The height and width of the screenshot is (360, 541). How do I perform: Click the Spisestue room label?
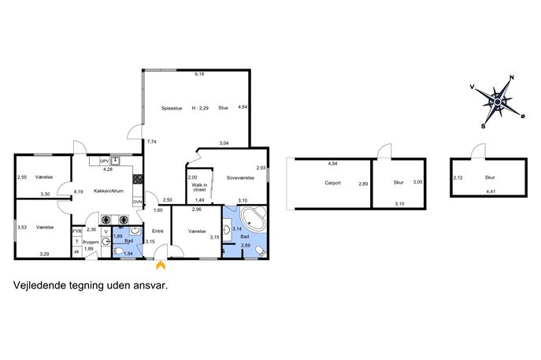pyautogui.click(x=172, y=109)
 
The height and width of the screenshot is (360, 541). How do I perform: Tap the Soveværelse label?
pyautogui.click(x=240, y=178)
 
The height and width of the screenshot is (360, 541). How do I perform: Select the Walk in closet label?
pyautogui.click(x=199, y=187)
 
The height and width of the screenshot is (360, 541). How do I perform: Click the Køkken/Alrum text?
pyautogui.click(x=109, y=191)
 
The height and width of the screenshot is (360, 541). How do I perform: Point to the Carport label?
pyautogui.click(x=332, y=183)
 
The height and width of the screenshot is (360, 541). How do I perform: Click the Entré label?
pyautogui.click(x=157, y=232)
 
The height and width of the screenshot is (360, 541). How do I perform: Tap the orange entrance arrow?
pyautogui.click(x=161, y=265)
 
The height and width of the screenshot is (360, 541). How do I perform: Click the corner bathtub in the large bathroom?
pyautogui.click(x=254, y=219)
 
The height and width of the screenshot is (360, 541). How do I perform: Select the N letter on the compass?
pyautogui.click(x=512, y=78)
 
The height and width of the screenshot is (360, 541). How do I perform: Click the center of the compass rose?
pyautogui.click(x=498, y=102)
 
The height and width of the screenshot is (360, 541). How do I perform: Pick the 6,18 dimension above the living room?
pyautogui.click(x=199, y=74)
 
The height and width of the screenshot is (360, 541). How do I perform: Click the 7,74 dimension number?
pyautogui.click(x=151, y=142)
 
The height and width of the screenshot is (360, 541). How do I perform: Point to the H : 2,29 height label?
pyautogui.click(x=200, y=108)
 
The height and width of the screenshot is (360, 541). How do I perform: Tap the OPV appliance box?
pyautogui.click(x=104, y=161)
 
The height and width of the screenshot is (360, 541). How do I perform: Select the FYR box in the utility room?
pyautogui.click(x=77, y=232)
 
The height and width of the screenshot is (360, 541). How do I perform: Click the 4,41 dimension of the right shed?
pyautogui.click(x=491, y=191)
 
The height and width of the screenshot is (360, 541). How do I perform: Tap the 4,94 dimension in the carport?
pyautogui.click(x=332, y=164)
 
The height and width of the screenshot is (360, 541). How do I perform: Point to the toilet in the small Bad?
pyautogui.click(x=118, y=251)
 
